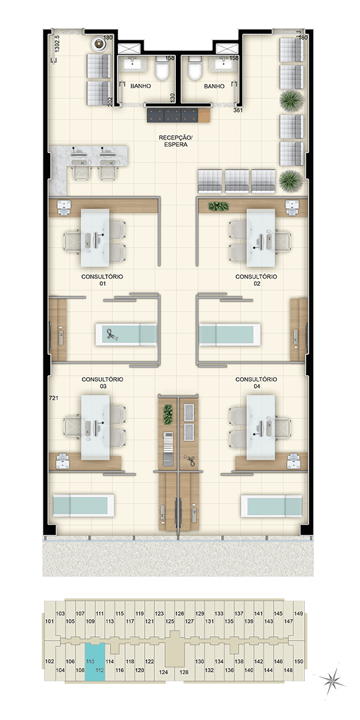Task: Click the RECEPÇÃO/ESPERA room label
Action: (x=173, y=140)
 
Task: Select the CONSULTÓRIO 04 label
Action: (x=256, y=383)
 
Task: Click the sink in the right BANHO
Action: (x=223, y=63)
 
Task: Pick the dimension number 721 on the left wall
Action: (x=54, y=399)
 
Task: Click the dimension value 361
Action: (x=238, y=110)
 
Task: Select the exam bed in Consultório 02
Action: (x=230, y=334)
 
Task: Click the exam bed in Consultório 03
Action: (x=83, y=505)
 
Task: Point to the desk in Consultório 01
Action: (x=95, y=238)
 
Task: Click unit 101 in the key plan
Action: (x=50, y=622)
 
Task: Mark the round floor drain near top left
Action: (x=98, y=44)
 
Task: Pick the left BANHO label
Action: (x=140, y=86)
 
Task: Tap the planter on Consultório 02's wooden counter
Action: (x=218, y=206)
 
